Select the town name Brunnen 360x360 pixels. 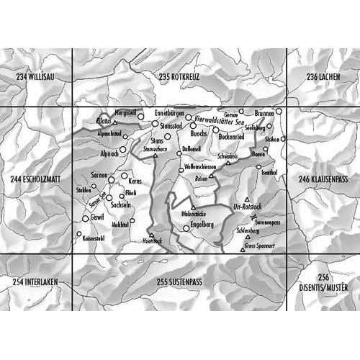pos(264,114)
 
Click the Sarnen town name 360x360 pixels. pos(99,176)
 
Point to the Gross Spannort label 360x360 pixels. pos(258,246)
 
